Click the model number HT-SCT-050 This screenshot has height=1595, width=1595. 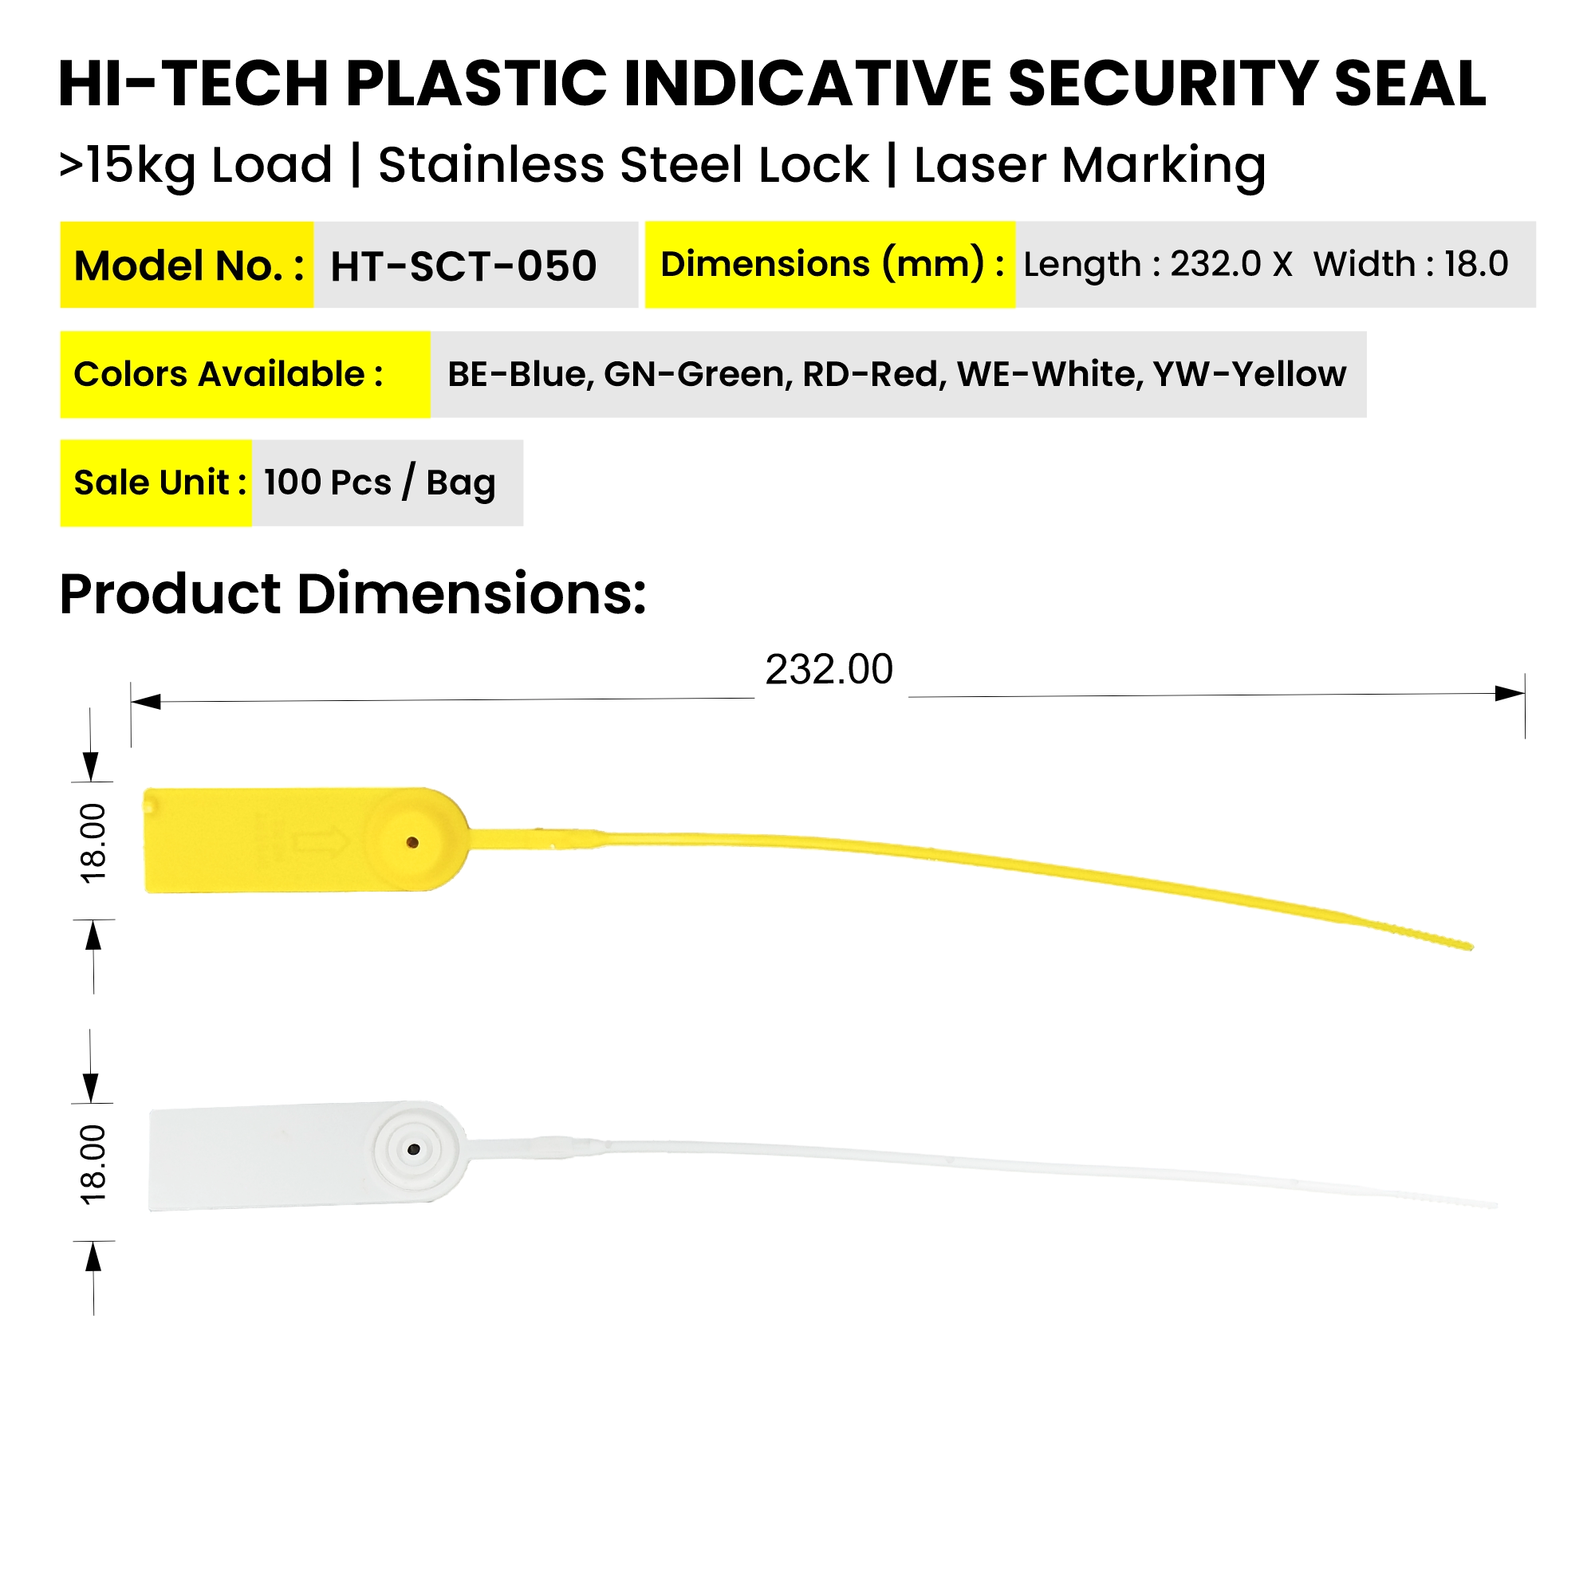(x=463, y=266)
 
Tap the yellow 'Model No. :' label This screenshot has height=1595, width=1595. (x=188, y=266)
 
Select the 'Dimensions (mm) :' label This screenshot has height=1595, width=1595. (x=831, y=264)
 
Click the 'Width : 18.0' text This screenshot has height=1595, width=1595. (x=1411, y=264)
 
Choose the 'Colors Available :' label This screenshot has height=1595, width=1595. (x=229, y=374)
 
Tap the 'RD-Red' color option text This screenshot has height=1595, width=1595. (x=872, y=374)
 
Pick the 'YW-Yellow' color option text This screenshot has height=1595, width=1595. (x=1250, y=374)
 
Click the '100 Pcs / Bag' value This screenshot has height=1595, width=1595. (x=380, y=483)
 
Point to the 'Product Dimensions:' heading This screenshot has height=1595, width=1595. (x=352, y=593)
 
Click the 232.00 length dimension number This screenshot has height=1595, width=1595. (x=829, y=670)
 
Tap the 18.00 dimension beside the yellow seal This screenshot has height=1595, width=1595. (x=93, y=843)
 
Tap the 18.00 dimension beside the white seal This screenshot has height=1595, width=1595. (x=93, y=1164)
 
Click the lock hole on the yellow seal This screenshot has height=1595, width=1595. (x=413, y=843)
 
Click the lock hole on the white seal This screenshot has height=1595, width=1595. (x=415, y=1149)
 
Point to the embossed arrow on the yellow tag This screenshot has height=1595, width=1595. (x=322, y=842)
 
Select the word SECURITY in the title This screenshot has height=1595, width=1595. (x=1163, y=85)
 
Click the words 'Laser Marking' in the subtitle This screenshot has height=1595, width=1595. (x=1089, y=165)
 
